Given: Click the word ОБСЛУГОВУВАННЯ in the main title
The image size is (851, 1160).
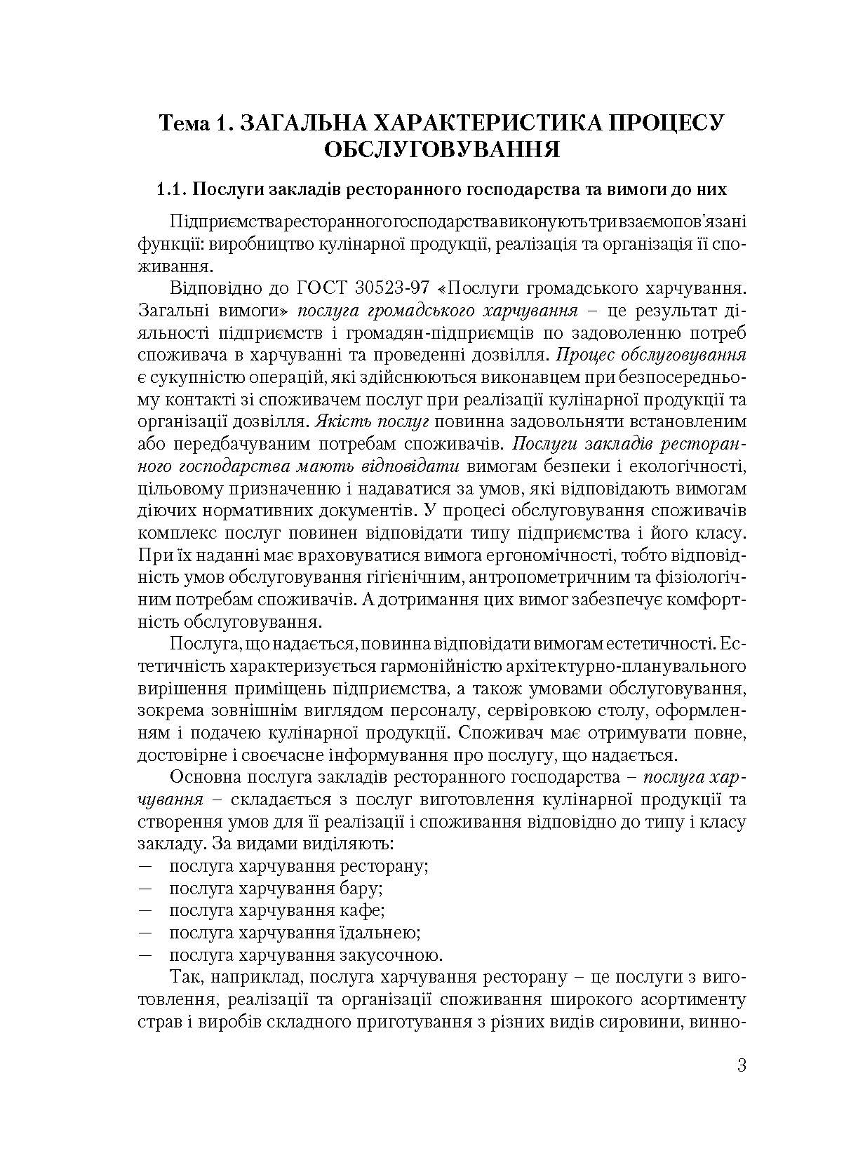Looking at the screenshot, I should click(442, 150).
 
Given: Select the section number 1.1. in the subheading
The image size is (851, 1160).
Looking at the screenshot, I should click(170, 189).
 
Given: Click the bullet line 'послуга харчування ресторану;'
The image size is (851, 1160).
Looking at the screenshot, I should click(298, 865).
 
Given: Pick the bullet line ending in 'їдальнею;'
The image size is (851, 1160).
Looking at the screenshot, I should click(294, 933).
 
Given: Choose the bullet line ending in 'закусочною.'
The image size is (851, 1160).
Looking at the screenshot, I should click(305, 955).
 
